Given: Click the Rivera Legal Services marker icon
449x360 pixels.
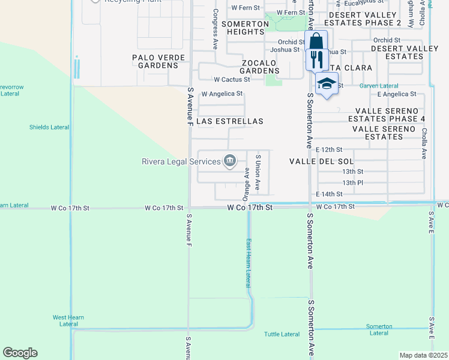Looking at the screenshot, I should click(x=229, y=160).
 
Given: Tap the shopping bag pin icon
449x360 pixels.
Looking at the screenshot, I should click(x=316, y=41).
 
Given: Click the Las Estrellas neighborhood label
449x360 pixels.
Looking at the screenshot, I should click(x=230, y=121).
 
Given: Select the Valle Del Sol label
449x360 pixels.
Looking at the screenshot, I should click(x=321, y=161).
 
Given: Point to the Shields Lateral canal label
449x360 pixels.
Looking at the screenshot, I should click(x=49, y=127).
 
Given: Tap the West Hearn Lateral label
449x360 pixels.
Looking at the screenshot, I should click(x=68, y=320).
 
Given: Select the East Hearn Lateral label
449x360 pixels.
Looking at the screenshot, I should click(x=247, y=263).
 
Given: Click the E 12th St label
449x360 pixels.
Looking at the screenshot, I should click(x=329, y=149).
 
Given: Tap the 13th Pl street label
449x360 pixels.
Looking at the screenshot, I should click(x=352, y=182).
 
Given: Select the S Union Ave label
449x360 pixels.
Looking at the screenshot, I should click(x=257, y=172).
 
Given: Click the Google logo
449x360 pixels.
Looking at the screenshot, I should click(x=20, y=353).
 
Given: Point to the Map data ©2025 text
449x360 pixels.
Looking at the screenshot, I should click(x=423, y=355).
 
